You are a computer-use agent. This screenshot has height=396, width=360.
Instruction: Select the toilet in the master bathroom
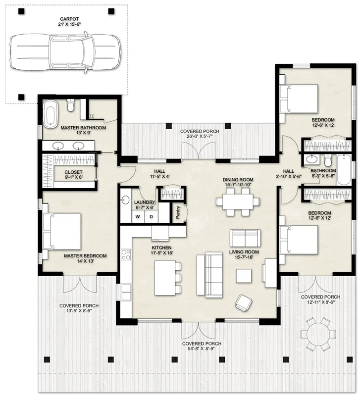point(70,105)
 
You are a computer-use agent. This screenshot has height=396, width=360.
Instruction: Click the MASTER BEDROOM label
point(85,256)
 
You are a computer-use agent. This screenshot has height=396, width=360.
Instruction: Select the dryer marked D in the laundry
point(151,217)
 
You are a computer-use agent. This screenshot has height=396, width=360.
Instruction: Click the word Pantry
point(177,212)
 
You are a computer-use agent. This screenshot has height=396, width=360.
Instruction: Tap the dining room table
point(238,202)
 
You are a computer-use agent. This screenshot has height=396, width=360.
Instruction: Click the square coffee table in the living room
point(244,275)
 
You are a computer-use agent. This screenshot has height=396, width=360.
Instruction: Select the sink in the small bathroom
point(311,160)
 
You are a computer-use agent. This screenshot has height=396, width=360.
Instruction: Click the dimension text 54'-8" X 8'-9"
point(202,350)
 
